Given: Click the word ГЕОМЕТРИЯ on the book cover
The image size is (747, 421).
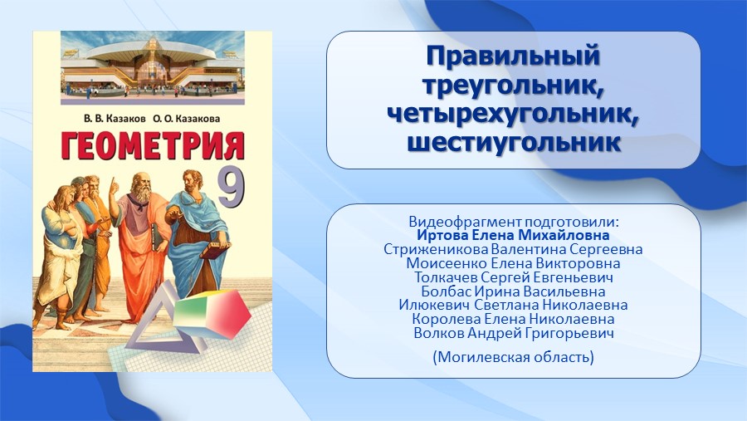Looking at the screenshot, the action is coord(153,145).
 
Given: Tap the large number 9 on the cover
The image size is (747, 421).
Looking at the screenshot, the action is coord(232,188).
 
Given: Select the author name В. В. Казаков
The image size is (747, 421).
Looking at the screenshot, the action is coord(115,118).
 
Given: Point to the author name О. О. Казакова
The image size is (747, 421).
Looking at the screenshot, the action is coord(187,118).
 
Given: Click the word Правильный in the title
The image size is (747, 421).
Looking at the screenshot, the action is coord(513,56).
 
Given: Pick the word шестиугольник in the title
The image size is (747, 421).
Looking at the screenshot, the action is coord(514,142).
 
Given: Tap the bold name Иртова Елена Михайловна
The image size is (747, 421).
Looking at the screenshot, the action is coord(513,235).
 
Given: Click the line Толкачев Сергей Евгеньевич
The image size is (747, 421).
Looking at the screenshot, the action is coord(514,277).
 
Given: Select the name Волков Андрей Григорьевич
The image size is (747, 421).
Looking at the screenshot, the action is coord(514,333).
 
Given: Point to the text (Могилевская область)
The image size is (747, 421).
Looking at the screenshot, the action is coord(514,356).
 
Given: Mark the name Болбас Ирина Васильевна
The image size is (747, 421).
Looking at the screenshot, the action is coord(514,291).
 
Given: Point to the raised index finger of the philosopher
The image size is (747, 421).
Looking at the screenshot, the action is coord(113,183).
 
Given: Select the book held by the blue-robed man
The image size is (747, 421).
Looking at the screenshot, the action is coord(215,250).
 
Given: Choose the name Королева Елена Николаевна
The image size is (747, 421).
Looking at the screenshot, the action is coord(513,319).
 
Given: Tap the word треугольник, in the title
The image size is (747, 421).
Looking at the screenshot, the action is coord(514,86).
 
